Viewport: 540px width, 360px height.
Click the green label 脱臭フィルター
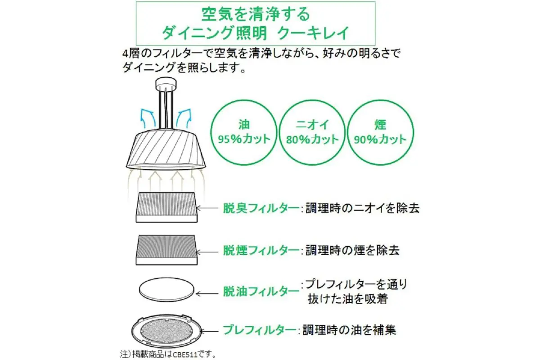click(261, 208)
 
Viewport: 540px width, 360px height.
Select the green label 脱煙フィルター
click(261, 251)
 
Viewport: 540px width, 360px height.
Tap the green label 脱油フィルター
click(261, 292)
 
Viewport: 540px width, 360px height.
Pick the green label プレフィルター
click(259, 330)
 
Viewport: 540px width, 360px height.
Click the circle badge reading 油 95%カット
click(244, 133)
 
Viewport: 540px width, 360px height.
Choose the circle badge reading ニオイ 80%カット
click(312, 133)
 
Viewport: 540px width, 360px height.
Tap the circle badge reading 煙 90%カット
click(380, 133)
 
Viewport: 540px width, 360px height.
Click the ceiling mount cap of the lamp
click(166, 83)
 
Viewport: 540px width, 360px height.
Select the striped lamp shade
click(166, 149)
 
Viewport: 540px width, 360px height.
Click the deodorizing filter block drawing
click(166, 207)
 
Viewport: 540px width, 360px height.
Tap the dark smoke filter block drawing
click(166, 250)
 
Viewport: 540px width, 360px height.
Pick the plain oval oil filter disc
click(166, 290)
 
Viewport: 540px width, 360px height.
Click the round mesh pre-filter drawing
click(166, 330)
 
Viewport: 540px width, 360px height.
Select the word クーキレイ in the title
click(313, 32)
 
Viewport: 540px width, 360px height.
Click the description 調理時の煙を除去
click(352, 251)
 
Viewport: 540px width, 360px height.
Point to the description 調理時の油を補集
click(349, 330)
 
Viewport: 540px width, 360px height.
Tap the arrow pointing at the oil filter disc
click(207, 294)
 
